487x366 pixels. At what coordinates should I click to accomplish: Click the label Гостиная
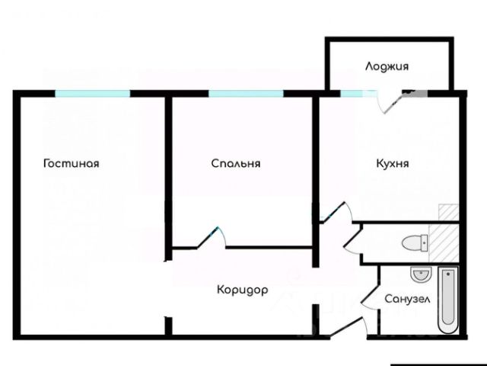[x=72, y=163]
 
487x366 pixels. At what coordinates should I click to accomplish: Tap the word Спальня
[x=236, y=163]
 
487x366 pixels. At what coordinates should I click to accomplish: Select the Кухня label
[x=393, y=163]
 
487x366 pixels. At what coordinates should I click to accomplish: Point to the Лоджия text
[x=387, y=66]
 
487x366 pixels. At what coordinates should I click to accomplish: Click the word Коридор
[x=242, y=291]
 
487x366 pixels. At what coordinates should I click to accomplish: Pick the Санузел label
[x=407, y=300]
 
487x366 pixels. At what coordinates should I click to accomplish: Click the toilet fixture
[x=413, y=243]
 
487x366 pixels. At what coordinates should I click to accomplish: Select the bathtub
[x=447, y=300]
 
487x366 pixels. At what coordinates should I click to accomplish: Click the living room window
[x=92, y=93]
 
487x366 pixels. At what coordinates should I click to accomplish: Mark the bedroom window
[x=246, y=93]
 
